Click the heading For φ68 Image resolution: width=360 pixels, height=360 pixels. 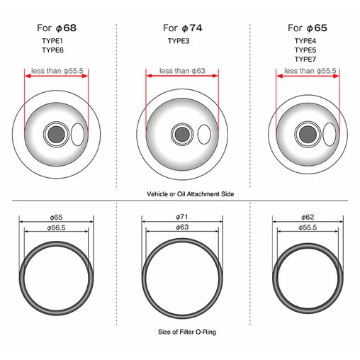point(57,28)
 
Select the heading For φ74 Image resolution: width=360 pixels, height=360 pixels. point(183,28)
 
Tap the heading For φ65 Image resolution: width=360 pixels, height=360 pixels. point(308,28)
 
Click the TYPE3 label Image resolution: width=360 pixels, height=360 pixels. point(179,41)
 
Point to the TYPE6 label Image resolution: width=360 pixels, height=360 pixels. point(52,50)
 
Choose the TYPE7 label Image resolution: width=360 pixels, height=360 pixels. point(305,59)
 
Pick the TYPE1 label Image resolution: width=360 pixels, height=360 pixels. point(52,41)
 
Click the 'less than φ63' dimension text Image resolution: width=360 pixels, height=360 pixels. point(182,71)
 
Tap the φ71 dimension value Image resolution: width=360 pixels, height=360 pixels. point(182,217)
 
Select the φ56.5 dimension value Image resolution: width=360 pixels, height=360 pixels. point(56,227)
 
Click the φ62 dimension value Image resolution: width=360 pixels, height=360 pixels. point(308,217)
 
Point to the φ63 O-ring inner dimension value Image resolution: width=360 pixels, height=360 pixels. point(182,227)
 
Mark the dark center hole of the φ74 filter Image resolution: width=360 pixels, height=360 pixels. point(182,134)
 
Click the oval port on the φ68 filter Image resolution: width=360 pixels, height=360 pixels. point(78,134)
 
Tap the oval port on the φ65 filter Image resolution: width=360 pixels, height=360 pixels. point(330,134)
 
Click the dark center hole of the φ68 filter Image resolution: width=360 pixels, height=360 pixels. point(56,134)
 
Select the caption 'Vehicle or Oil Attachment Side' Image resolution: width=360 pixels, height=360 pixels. point(191,194)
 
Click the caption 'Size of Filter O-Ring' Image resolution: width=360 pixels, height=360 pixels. point(187,332)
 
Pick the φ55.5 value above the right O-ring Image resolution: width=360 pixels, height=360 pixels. point(308,227)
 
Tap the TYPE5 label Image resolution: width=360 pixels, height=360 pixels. point(305,50)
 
